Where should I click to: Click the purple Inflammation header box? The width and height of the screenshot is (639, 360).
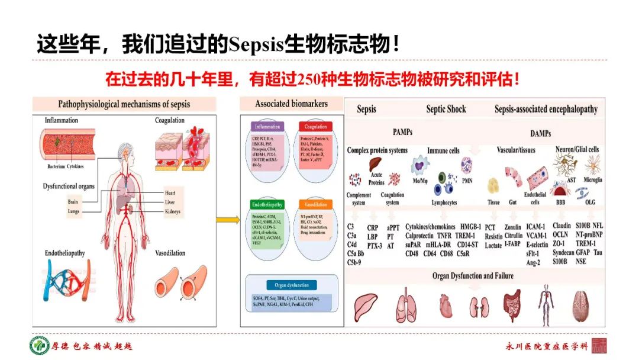coord(267,127)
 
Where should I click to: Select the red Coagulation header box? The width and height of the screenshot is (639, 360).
coord(315,127)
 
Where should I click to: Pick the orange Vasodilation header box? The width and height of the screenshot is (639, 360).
coord(317,204)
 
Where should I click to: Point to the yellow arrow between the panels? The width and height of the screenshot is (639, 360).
coord(224,220)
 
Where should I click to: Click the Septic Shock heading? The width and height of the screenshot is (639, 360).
coord(446,109)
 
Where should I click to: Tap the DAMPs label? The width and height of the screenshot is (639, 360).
coord(541,131)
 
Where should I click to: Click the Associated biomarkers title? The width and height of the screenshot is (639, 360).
coord(291,104)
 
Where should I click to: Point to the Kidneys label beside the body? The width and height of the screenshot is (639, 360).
coord(173,211)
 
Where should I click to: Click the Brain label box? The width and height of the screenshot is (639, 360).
coord(73,202)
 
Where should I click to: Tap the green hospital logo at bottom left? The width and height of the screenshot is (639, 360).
coord(40,346)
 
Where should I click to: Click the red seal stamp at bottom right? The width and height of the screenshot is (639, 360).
coord(599,346)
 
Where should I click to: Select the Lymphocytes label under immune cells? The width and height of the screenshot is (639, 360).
coord(444,202)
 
